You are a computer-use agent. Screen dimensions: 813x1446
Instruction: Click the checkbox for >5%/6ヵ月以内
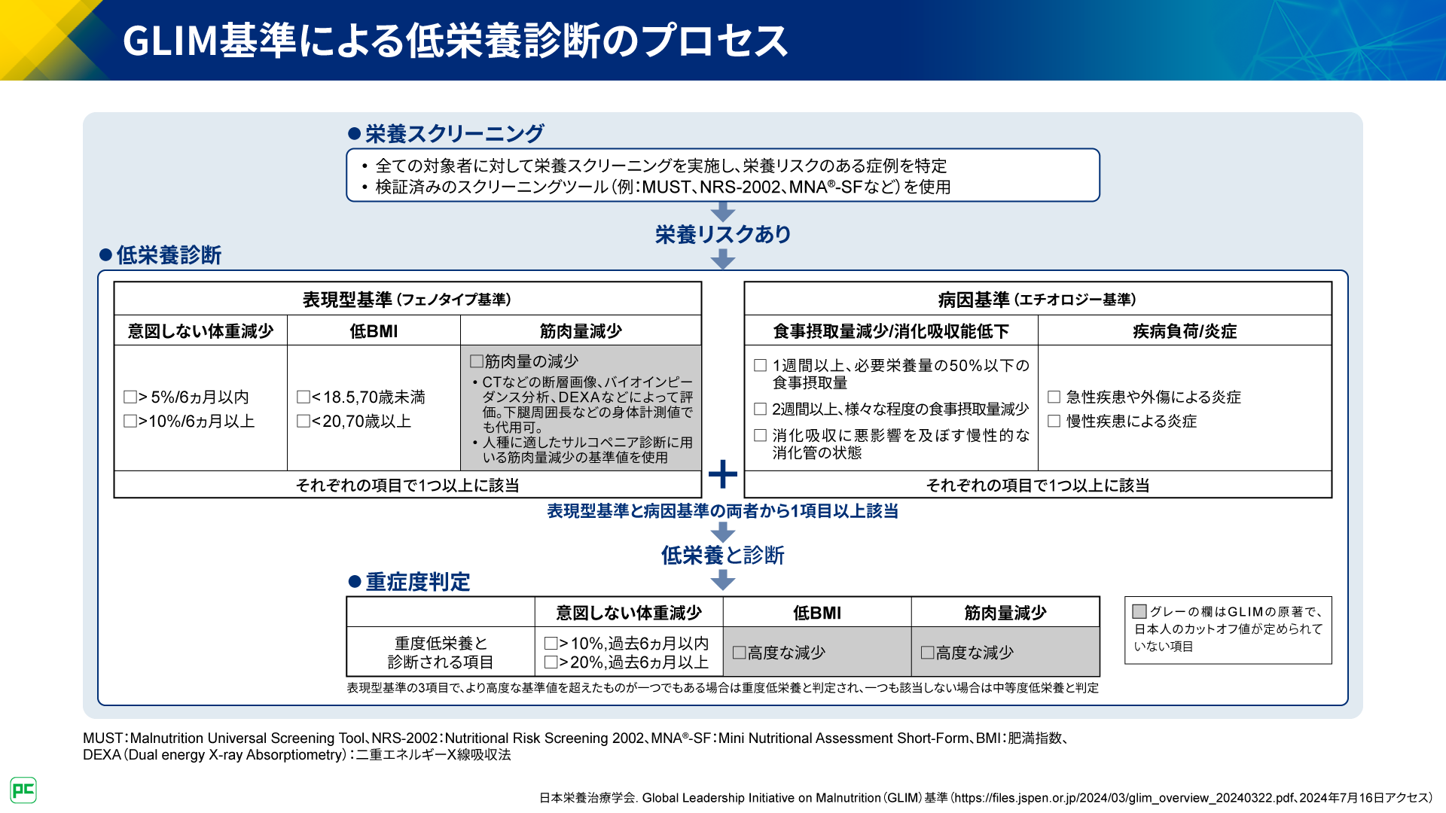pos(130,397)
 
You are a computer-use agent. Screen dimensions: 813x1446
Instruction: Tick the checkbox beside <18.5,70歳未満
pos(304,397)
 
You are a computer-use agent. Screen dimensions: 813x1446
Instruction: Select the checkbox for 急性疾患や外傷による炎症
pos(1054,397)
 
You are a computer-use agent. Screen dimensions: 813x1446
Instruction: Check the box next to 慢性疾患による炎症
pos(1054,421)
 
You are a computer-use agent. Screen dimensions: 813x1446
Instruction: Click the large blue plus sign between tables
pos(723,474)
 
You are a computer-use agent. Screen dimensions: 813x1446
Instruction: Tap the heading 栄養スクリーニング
pos(454,134)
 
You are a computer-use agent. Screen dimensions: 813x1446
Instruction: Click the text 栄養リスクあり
pos(723,235)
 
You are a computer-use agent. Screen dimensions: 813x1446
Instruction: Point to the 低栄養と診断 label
pos(723,556)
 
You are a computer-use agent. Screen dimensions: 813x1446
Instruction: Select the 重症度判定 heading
pos(417,582)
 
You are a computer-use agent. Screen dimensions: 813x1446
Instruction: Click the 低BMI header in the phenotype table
pos(374,331)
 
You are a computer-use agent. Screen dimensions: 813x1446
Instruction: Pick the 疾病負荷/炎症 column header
pos(1185,331)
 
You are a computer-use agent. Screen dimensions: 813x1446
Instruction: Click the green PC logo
pos(23,790)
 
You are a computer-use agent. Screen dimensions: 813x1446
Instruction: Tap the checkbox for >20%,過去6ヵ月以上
pos(551,662)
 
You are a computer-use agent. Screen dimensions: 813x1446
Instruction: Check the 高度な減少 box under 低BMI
pos(740,653)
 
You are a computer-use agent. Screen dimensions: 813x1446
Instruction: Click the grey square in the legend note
pos(1139,611)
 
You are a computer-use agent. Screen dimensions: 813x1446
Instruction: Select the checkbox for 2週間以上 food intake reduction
pos(761,409)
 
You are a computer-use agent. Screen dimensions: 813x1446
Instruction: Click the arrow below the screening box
pos(723,212)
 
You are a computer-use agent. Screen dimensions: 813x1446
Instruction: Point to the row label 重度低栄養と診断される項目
pos(441,653)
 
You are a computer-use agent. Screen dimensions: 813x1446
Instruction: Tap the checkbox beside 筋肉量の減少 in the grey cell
pos(476,361)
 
